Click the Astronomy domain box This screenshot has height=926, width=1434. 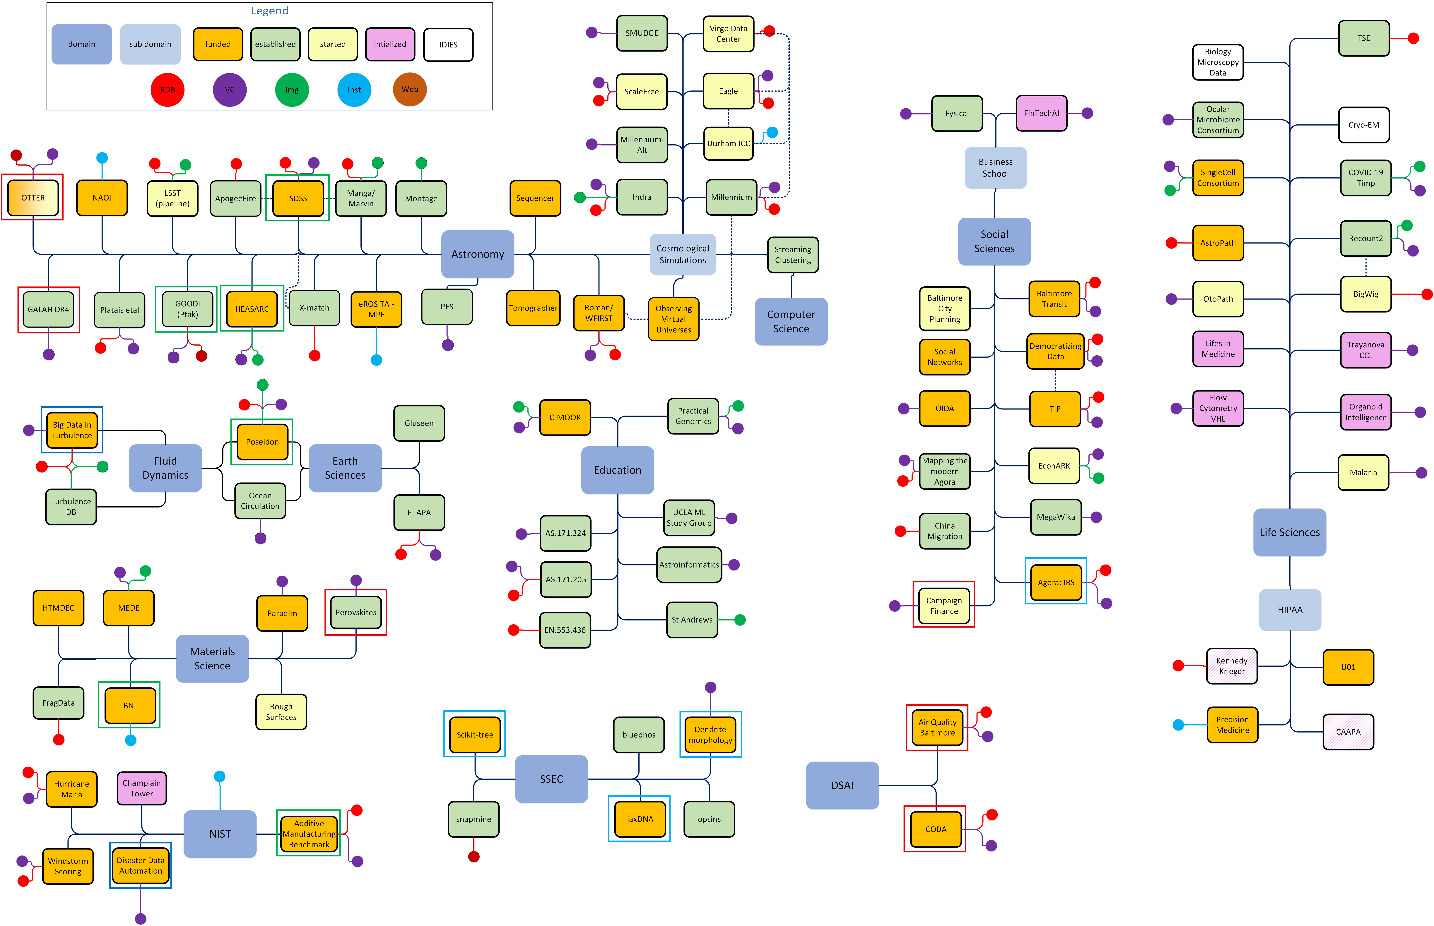pyautogui.click(x=478, y=254)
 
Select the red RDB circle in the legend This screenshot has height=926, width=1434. pyautogui.click(x=167, y=90)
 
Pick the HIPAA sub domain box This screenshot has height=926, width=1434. pyautogui.click(x=1290, y=609)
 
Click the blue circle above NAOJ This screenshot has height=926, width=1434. pyautogui.click(x=102, y=157)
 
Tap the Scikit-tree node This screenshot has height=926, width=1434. pyautogui.click(x=475, y=734)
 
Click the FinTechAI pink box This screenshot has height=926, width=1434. pyautogui.click(x=1041, y=113)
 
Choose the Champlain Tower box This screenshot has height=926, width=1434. pyautogui.click(x=141, y=788)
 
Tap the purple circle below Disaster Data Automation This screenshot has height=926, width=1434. pyautogui.click(x=141, y=918)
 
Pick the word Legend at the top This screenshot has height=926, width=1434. pyautogui.click(x=269, y=11)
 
